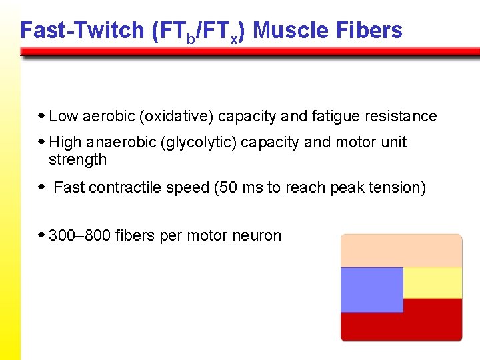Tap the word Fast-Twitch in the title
(x=82, y=30)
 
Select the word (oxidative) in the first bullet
(x=177, y=117)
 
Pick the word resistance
(x=401, y=117)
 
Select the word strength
(x=77, y=160)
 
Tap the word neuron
(x=260, y=235)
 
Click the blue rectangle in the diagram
(x=372, y=289)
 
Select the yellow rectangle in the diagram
(x=433, y=283)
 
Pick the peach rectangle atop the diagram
(x=401, y=251)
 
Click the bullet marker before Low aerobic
(x=42, y=116)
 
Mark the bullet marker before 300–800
(x=42, y=235)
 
